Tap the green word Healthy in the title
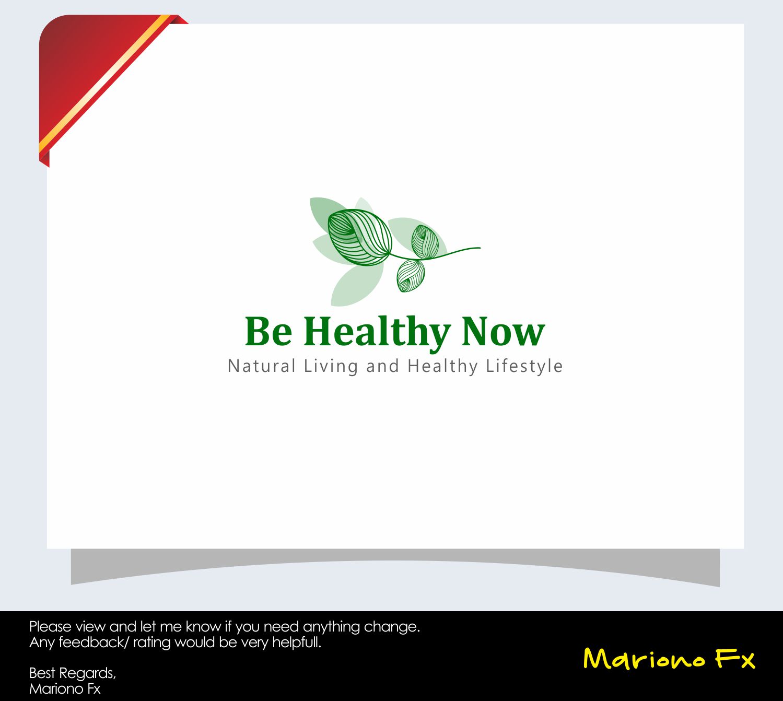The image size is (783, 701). coord(377,332)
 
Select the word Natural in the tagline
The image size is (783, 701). coord(262,366)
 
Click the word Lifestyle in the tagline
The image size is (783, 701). coord(524,366)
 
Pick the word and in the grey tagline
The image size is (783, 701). coord(382,366)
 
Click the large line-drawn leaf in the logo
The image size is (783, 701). coord(360,237)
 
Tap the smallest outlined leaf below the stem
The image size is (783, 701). coord(411,276)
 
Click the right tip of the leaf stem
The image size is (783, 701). coord(478,248)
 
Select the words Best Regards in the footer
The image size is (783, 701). coord(72,673)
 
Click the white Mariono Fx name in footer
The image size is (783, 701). coord(65,688)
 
